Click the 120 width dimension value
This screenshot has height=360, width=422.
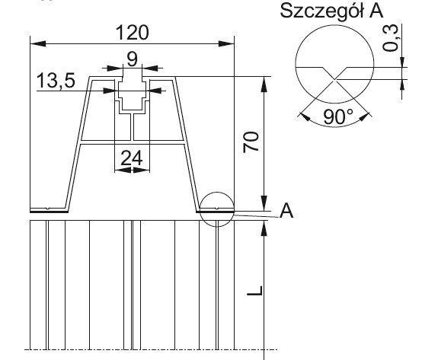click(130, 32)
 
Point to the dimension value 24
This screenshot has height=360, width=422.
click(131, 158)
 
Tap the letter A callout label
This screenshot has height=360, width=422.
click(286, 212)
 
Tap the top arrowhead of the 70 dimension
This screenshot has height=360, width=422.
click(263, 81)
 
